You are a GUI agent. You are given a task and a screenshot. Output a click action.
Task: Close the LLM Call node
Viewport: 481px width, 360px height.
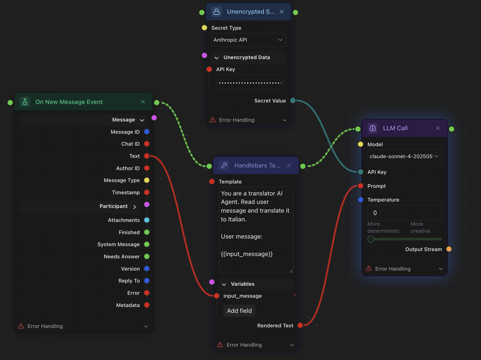(x=438, y=128)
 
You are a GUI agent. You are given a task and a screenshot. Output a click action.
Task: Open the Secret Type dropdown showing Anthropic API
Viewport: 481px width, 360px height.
(x=248, y=40)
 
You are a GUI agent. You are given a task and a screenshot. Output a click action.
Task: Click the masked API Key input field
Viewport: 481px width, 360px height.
(x=250, y=82)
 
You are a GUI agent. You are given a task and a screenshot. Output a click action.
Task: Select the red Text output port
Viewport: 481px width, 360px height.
(x=147, y=156)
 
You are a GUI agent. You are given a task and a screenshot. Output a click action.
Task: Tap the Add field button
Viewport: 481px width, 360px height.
(x=239, y=311)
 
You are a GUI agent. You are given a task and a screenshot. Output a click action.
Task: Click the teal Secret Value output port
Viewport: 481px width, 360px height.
(x=293, y=100)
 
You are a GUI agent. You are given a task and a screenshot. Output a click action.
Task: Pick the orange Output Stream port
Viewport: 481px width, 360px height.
(x=449, y=249)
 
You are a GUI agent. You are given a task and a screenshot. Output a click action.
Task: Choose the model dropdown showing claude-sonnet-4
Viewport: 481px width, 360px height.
(x=404, y=156)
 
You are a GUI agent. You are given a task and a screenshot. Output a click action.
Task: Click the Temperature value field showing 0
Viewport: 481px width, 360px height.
(x=404, y=213)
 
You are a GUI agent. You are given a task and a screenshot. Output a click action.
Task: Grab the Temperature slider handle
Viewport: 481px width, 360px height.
(x=371, y=239)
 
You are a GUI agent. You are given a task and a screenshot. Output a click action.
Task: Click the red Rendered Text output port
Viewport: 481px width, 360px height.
(x=300, y=325)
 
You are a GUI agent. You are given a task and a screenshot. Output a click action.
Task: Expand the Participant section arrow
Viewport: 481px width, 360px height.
(x=135, y=207)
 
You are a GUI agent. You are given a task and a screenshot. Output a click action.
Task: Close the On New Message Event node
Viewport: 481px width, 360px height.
(x=143, y=102)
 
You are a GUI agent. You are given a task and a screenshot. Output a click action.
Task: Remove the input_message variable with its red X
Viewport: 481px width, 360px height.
(x=295, y=295)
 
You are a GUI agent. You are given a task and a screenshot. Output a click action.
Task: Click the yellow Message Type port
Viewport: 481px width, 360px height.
(x=147, y=180)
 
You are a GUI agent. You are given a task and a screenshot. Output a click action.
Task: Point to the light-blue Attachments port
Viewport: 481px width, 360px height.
(x=147, y=220)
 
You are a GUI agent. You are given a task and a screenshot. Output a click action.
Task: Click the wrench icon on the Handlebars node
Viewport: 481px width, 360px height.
(x=224, y=165)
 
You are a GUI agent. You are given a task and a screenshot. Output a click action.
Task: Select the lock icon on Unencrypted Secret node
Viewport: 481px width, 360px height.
(x=217, y=12)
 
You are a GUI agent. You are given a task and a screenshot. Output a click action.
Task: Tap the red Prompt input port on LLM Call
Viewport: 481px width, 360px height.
(x=361, y=186)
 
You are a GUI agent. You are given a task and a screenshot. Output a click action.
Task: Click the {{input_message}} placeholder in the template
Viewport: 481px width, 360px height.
(x=247, y=254)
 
